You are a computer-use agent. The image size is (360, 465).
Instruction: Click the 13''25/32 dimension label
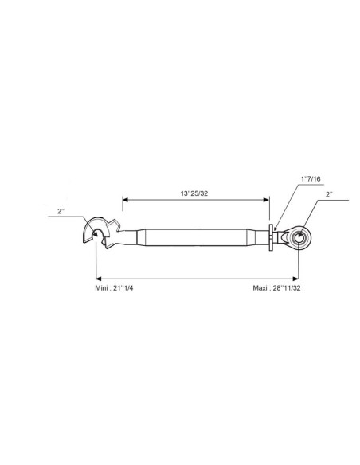pyautogui.click(x=194, y=193)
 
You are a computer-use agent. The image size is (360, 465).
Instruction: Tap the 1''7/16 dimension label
pyautogui.click(x=311, y=179)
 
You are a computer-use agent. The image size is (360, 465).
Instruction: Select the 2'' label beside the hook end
pyautogui.click(x=61, y=211)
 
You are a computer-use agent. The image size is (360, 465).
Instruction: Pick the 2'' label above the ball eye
pyautogui.click(x=329, y=194)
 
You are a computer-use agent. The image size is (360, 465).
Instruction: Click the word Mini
pyautogui.click(x=101, y=288)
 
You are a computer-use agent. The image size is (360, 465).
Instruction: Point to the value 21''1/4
pyautogui.click(x=123, y=288)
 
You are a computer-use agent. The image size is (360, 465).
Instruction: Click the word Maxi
pyautogui.click(x=260, y=288)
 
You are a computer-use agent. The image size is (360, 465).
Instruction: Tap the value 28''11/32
pyautogui.click(x=287, y=288)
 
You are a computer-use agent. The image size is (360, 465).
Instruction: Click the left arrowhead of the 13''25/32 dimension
pyautogui.click(x=125, y=200)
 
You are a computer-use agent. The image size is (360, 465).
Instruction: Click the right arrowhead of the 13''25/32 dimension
pyautogui.click(x=267, y=200)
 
